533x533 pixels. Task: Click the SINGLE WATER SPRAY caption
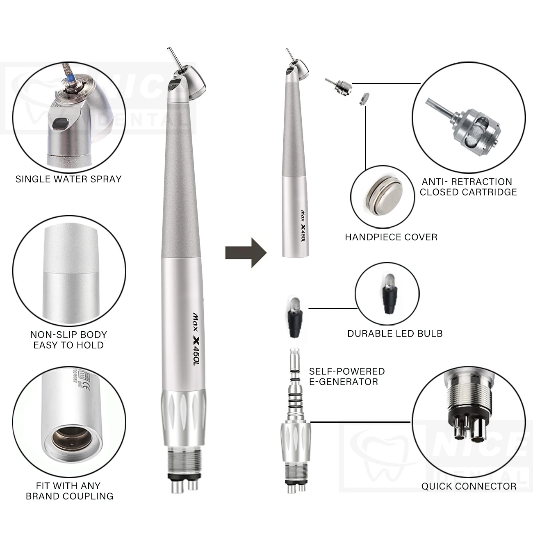68,179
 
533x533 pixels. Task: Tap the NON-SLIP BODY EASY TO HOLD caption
68,339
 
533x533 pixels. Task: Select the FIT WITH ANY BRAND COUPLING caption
69,491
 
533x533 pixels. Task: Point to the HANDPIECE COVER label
391,237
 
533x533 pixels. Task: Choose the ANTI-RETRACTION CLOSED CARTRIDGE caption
468,187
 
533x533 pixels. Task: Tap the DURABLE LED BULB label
395,333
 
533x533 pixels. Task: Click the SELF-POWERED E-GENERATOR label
347,376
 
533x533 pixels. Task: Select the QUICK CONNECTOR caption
469,486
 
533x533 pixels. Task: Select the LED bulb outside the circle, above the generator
293,315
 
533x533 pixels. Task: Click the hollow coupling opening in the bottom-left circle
68,440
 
